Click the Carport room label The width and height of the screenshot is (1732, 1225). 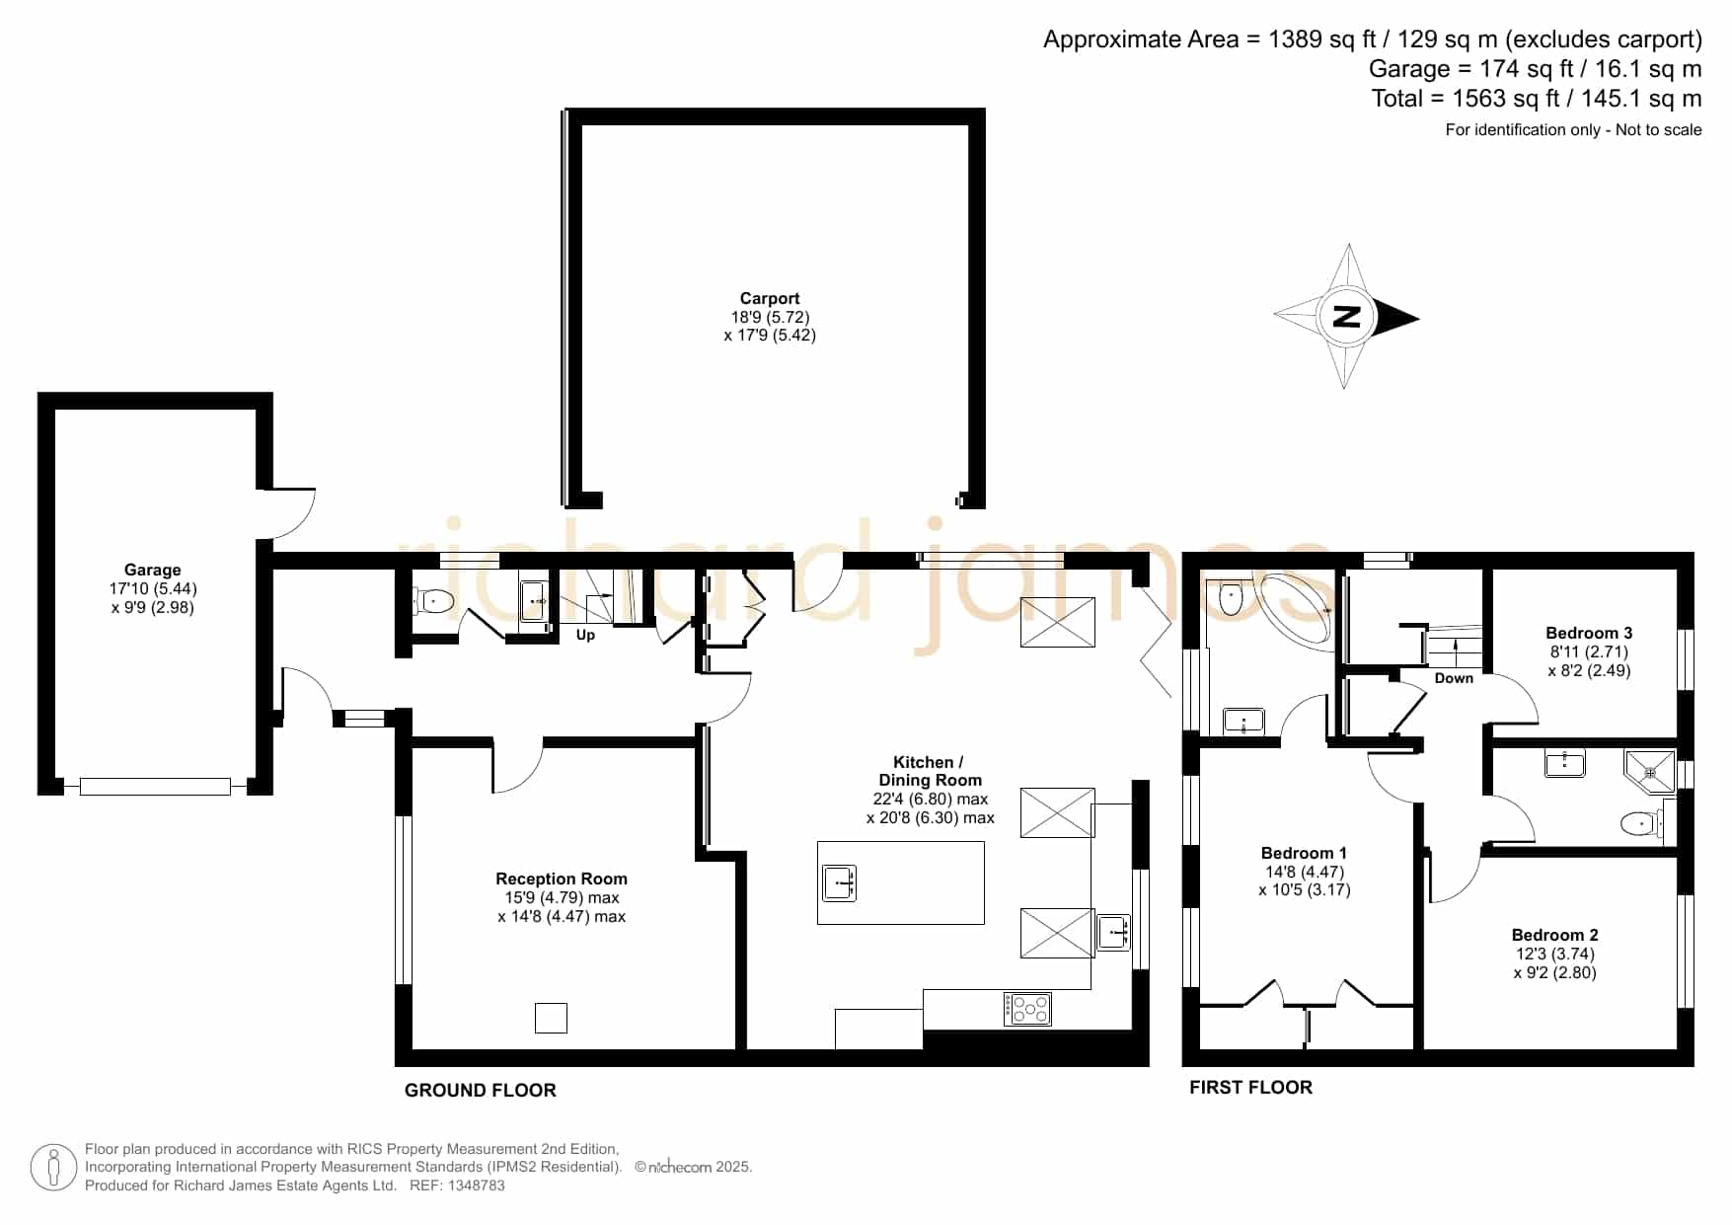(770, 298)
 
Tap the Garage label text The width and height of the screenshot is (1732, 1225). (152, 570)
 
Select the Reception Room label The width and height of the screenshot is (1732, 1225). (562, 879)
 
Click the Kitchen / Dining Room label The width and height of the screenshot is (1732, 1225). (930, 771)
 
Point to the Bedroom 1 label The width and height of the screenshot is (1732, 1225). (1304, 853)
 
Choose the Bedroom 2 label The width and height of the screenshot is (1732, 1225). (1554, 935)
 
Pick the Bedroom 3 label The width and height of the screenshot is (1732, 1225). (1589, 633)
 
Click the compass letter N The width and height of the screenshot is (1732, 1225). (1346, 317)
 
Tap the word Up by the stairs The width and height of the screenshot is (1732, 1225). (585, 635)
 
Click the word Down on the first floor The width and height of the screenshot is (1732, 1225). (1454, 678)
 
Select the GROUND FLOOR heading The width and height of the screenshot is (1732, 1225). (481, 1090)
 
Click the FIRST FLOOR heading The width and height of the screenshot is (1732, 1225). (1250, 1087)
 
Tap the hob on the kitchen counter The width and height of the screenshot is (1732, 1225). (1027, 1009)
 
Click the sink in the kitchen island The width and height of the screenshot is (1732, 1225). (839, 882)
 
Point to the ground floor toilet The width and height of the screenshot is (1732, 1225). (432, 600)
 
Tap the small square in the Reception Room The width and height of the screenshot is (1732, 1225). (551, 1018)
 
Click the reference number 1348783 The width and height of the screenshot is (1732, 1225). (477, 1186)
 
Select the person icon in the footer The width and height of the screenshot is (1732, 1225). (53, 1168)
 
